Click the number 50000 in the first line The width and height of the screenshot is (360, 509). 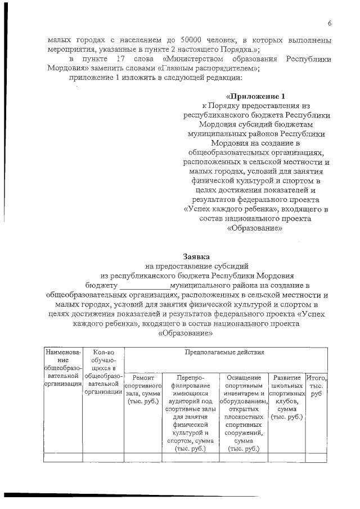(193, 40)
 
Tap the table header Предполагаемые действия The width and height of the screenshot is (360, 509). (224, 352)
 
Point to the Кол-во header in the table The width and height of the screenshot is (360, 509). (103, 352)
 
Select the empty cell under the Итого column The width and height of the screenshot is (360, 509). (316, 457)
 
